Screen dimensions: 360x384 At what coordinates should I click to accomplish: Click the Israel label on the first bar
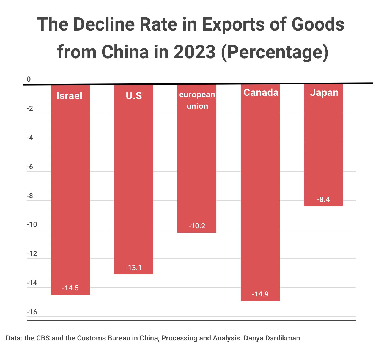69,96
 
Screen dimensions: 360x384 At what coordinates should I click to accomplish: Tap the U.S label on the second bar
134,96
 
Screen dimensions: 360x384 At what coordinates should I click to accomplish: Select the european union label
197,100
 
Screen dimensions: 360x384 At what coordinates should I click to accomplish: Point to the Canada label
261,92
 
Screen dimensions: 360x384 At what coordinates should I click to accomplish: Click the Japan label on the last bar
324,92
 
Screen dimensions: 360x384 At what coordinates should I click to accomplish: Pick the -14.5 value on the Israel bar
70,288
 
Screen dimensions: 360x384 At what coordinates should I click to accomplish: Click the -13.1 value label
133,268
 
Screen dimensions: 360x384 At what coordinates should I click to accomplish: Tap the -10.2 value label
197,226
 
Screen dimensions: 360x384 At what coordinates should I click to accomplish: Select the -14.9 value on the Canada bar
260,294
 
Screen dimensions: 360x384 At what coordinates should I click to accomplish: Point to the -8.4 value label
323,199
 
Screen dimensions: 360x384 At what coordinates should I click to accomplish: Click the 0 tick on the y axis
29,79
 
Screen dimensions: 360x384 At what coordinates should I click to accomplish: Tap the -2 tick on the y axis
30,108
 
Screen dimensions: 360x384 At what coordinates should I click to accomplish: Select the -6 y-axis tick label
30,167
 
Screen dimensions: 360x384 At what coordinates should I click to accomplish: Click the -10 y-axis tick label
32,224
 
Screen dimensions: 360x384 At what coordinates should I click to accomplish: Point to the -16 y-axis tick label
32,312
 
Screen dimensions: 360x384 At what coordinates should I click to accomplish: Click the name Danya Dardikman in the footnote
272,338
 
